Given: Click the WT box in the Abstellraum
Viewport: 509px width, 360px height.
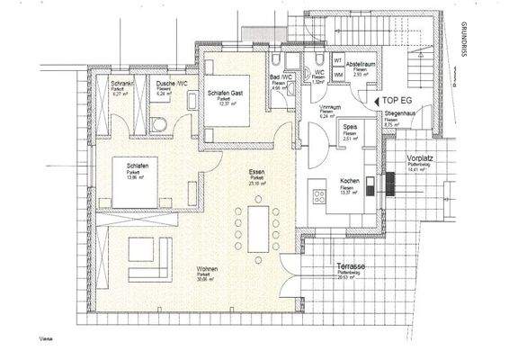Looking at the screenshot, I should tap(339, 61).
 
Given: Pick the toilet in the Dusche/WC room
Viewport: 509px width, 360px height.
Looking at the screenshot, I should tap(157, 124).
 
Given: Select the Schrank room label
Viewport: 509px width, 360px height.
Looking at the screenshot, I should tap(121, 83).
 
